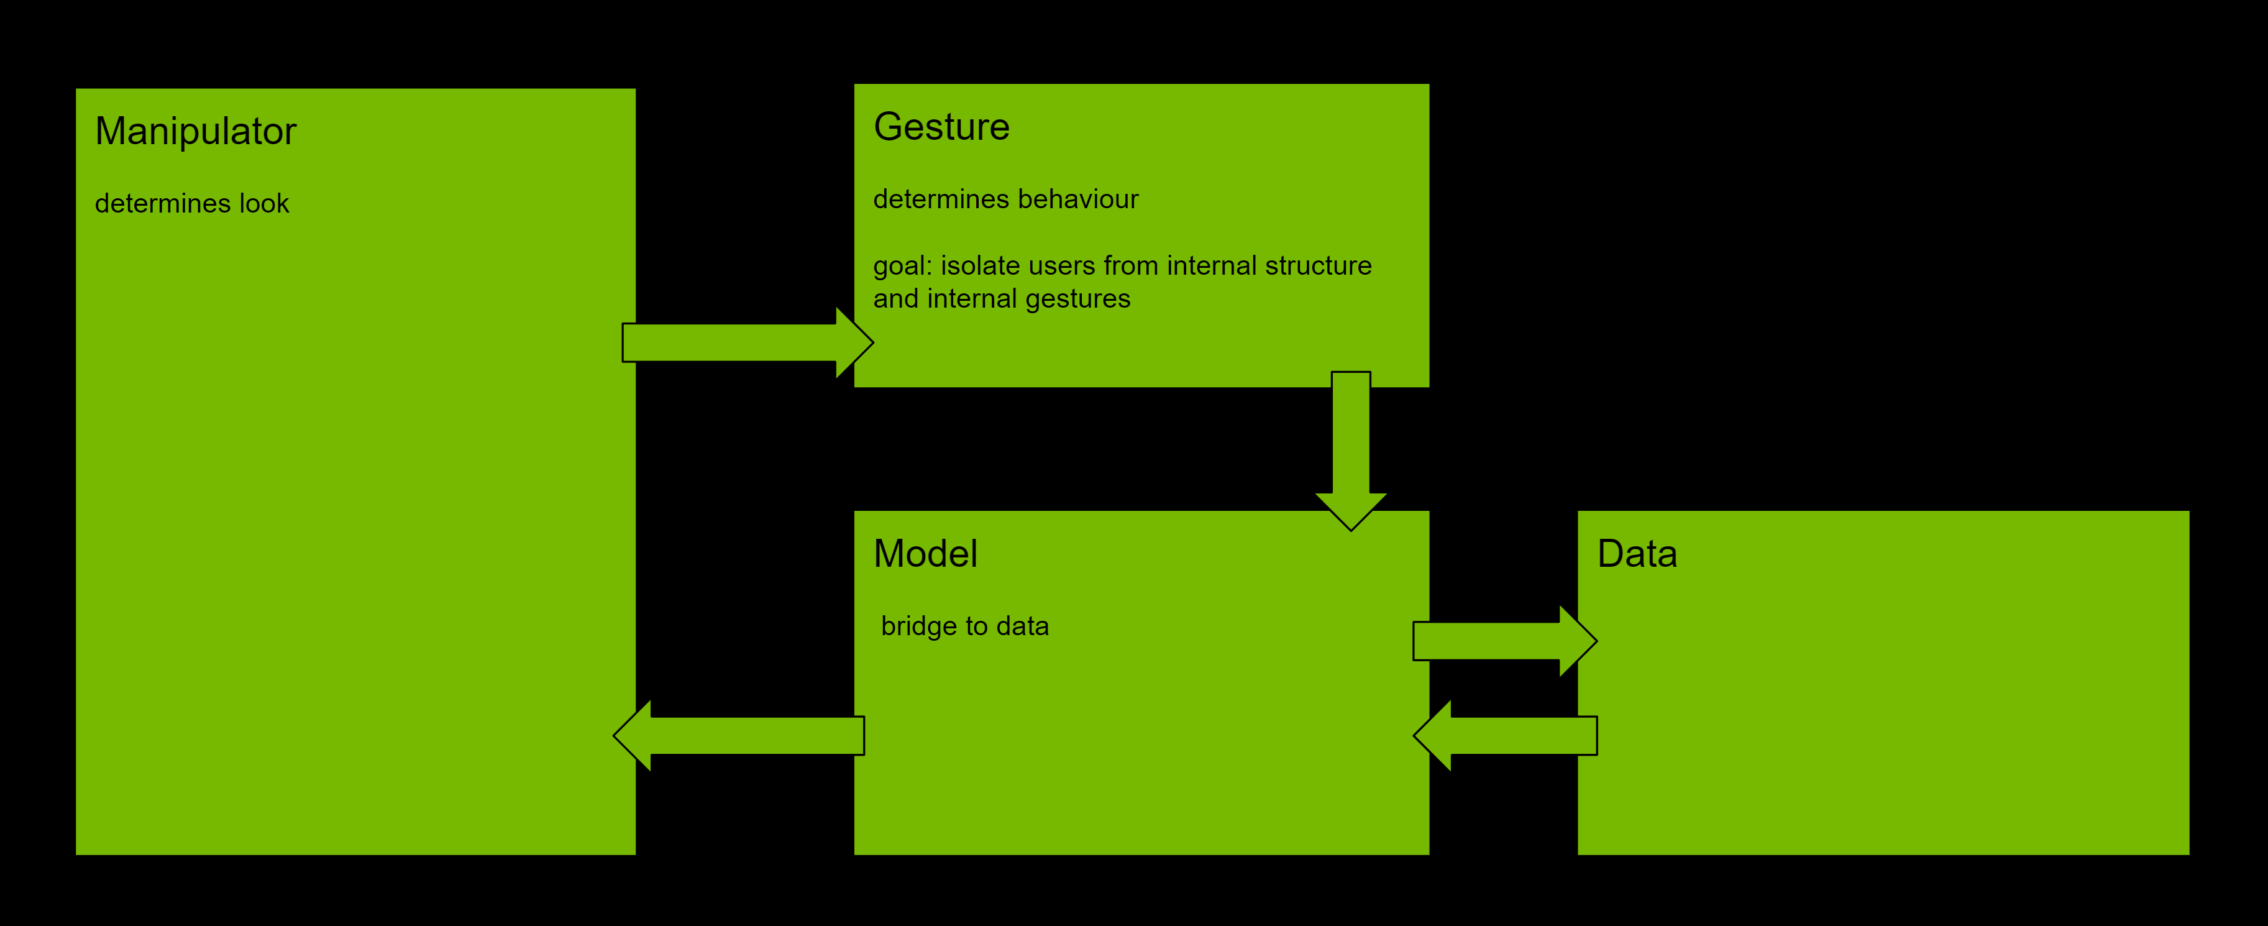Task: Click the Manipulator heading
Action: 196,132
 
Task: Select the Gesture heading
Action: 941,127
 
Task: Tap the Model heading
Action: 925,554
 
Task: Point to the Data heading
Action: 1637,554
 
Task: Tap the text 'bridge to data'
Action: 965,626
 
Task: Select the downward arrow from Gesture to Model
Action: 1351,449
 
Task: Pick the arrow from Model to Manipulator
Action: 739,736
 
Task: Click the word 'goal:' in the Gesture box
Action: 902,267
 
